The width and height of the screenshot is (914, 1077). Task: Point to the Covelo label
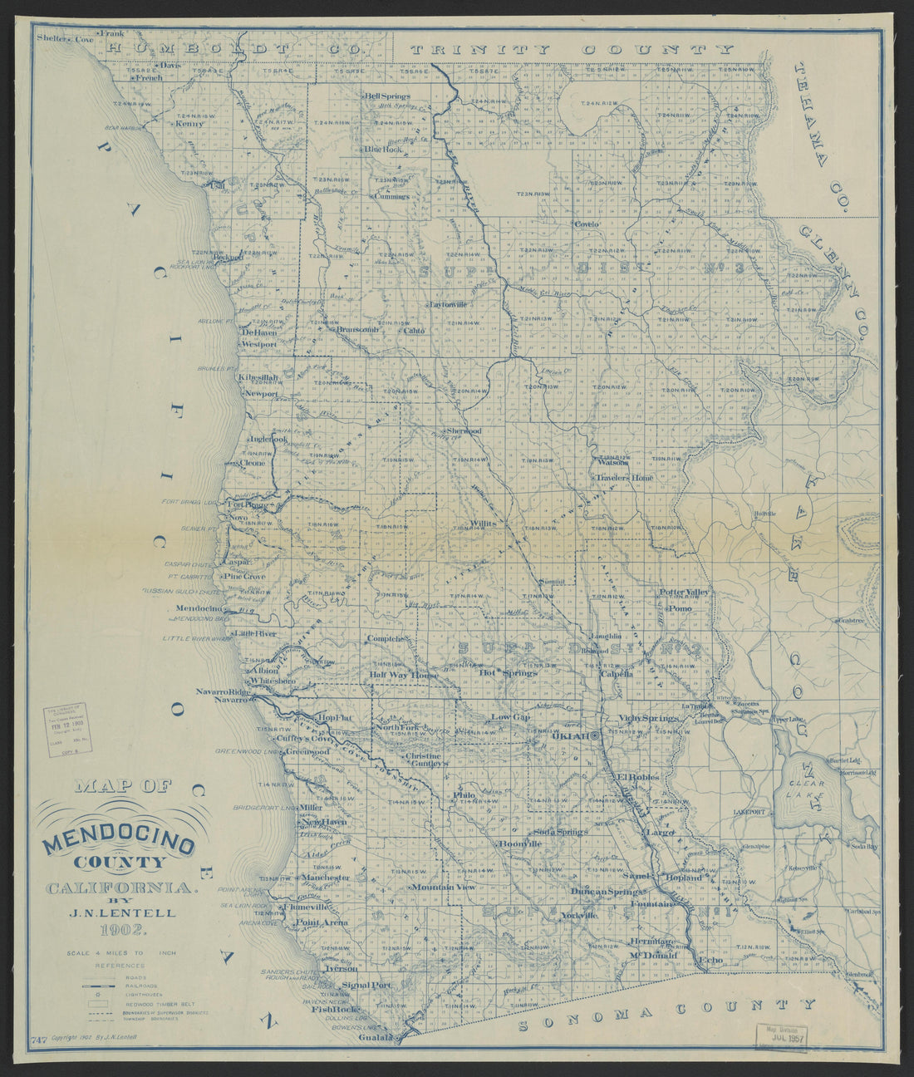point(586,224)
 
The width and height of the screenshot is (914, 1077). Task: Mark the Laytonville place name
point(449,304)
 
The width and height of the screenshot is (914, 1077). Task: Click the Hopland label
point(683,877)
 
